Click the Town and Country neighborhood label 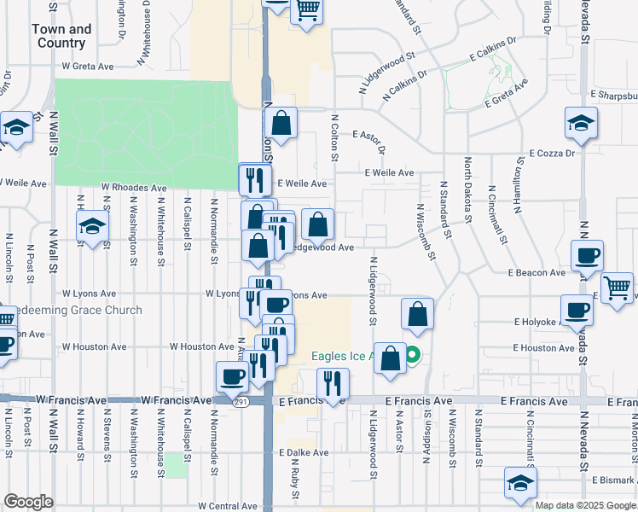[61, 36]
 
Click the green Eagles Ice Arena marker [413, 355]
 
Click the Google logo [28, 502]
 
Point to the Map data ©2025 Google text [585, 505]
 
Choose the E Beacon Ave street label [536, 273]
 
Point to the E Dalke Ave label [303, 453]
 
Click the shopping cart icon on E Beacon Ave [617, 287]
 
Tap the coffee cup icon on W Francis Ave [232, 375]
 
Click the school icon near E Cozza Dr [581, 123]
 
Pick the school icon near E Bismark [520, 483]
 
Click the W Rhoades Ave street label [134, 187]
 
